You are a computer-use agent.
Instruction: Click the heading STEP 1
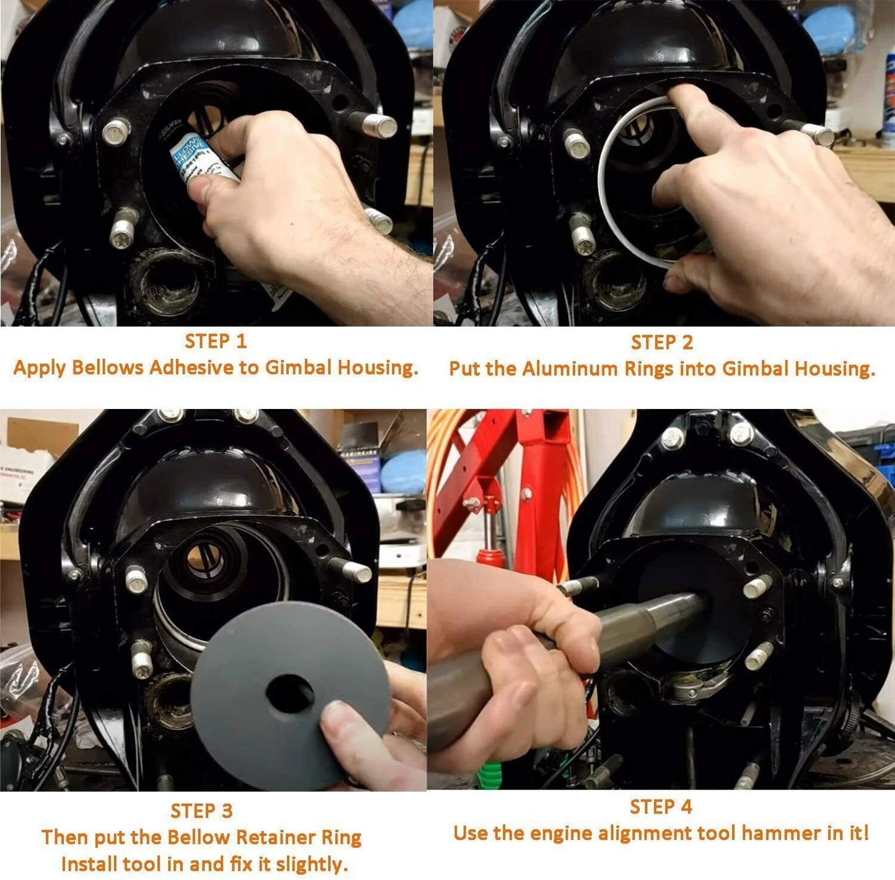click(x=216, y=341)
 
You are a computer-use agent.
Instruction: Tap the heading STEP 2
click(x=661, y=342)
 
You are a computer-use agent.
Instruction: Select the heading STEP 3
click(x=201, y=811)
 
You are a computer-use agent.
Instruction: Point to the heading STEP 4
click(x=661, y=807)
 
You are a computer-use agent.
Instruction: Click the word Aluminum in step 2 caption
click(x=570, y=369)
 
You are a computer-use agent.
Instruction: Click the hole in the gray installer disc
click(x=290, y=693)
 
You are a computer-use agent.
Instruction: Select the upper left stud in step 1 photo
click(x=116, y=131)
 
